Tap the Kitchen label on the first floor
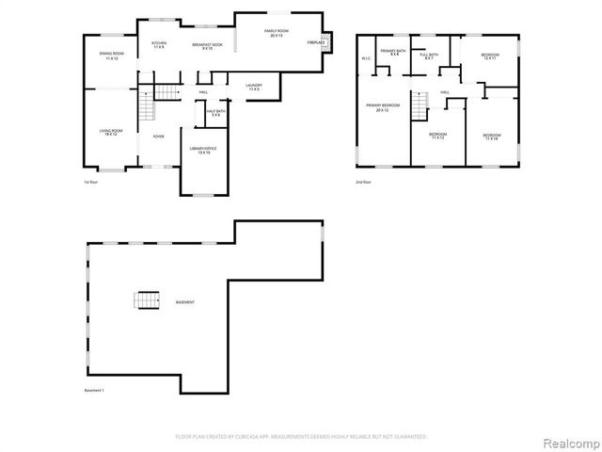pos(159,44)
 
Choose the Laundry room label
pos(253,87)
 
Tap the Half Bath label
pos(215,112)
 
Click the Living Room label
pos(110,132)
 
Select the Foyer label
pos(159,137)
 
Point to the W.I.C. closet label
pos(366,59)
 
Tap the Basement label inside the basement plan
pos(185,302)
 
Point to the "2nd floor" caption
pos(363,182)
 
